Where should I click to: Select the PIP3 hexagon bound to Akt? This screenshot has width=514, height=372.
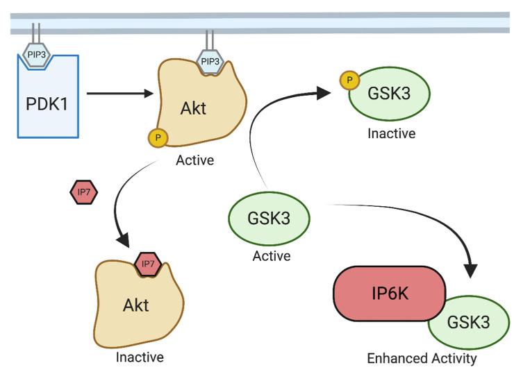(x=210, y=62)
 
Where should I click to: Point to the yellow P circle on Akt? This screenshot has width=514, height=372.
(x=158, y=138)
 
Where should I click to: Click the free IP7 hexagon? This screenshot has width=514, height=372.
(x=84, y=191)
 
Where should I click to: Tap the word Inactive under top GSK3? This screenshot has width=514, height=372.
(x=392, y=133)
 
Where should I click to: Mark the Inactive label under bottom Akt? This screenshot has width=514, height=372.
(x=141, y=357)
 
